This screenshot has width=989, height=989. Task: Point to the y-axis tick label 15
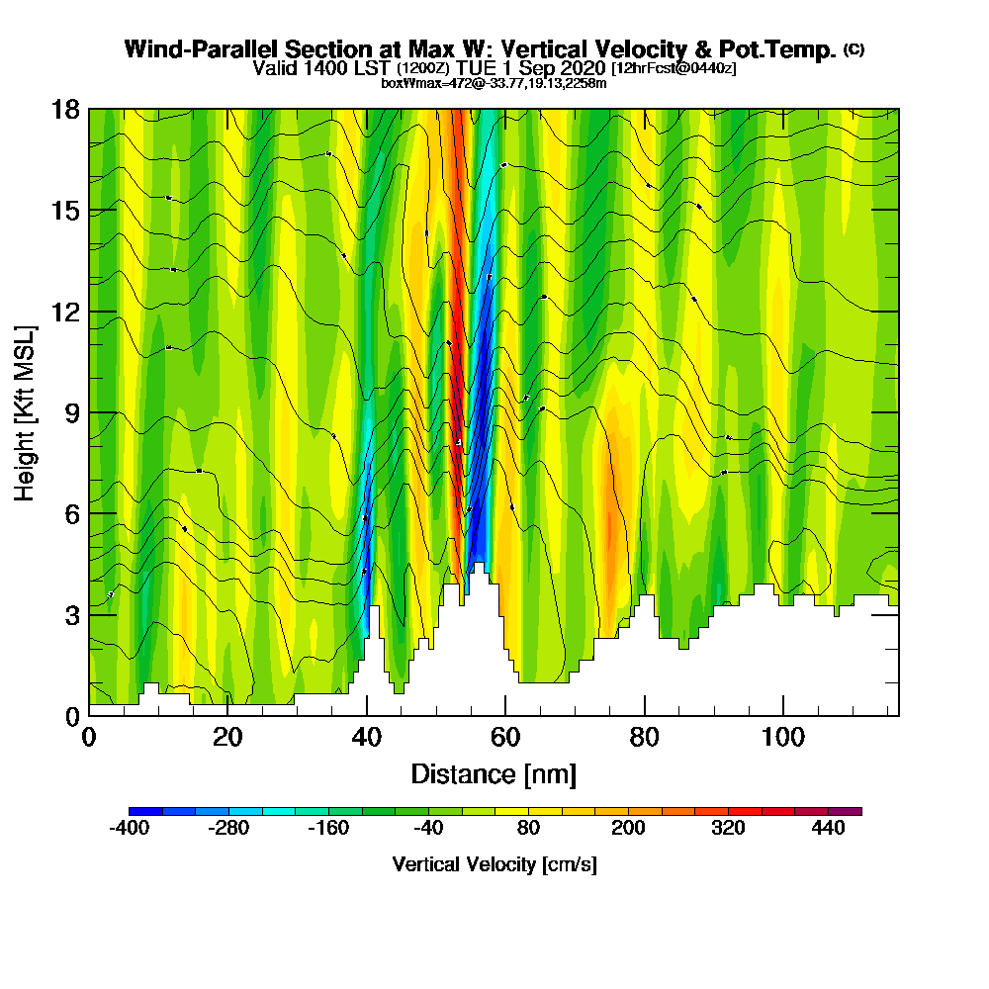tap(66, 211)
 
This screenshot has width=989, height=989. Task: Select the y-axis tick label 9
tap(72, 412)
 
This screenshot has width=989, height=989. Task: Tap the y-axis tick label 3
tap(72, 614)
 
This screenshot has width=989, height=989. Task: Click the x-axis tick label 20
tap(227, 738)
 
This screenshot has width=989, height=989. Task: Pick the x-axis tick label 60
tap(505, 738)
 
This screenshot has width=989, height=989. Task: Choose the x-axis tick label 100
tap(782, 738)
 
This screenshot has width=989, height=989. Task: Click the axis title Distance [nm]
tap(494, 773)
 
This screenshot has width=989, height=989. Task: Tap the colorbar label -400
tap(129, 829)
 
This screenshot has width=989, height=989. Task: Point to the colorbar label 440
tap(829, 829)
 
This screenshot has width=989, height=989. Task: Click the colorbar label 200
tap(628, 829)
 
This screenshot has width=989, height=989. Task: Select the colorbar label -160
tap(328, 829)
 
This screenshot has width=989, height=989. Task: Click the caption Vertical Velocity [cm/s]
tap(494, 864)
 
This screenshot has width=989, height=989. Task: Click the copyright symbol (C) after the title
tap(854, 49)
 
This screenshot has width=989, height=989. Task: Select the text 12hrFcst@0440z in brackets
tap(674, 68)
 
